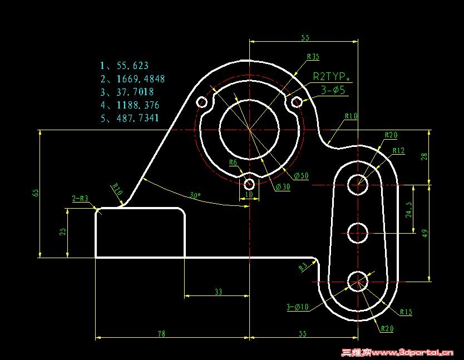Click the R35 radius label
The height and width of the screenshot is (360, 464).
coord(313,57)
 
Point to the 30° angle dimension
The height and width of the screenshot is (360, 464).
coord(194,195)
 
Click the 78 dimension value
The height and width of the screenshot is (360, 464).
coord(161,334)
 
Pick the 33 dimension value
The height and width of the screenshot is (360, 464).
coord(218,292)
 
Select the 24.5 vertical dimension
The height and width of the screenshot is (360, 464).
coord(409,210)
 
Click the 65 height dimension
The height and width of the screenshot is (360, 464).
coord(36,193)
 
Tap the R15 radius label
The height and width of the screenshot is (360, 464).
coord(406,313)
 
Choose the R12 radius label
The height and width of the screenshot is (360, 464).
coord(398,151)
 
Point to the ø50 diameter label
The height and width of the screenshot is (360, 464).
coord(301,176)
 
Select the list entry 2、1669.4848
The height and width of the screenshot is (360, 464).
coord(132,79)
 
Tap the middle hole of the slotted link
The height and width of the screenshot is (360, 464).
coord(358,233)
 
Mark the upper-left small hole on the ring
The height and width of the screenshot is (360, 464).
coord(201,102)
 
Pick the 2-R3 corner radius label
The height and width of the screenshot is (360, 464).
coord(80,198)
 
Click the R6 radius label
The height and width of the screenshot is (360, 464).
coord(234,162)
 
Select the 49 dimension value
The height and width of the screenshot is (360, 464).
coord(426,233)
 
